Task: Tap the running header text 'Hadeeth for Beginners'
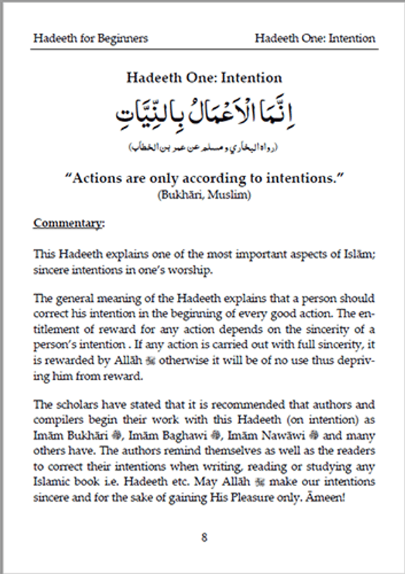coord(90,38)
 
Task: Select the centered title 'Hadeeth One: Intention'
coord(204,78)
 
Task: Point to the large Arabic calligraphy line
coord(204,115)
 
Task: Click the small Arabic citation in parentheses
coord(204,147)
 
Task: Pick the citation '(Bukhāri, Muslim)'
coord(204,196)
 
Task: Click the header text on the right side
coord(315,38)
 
